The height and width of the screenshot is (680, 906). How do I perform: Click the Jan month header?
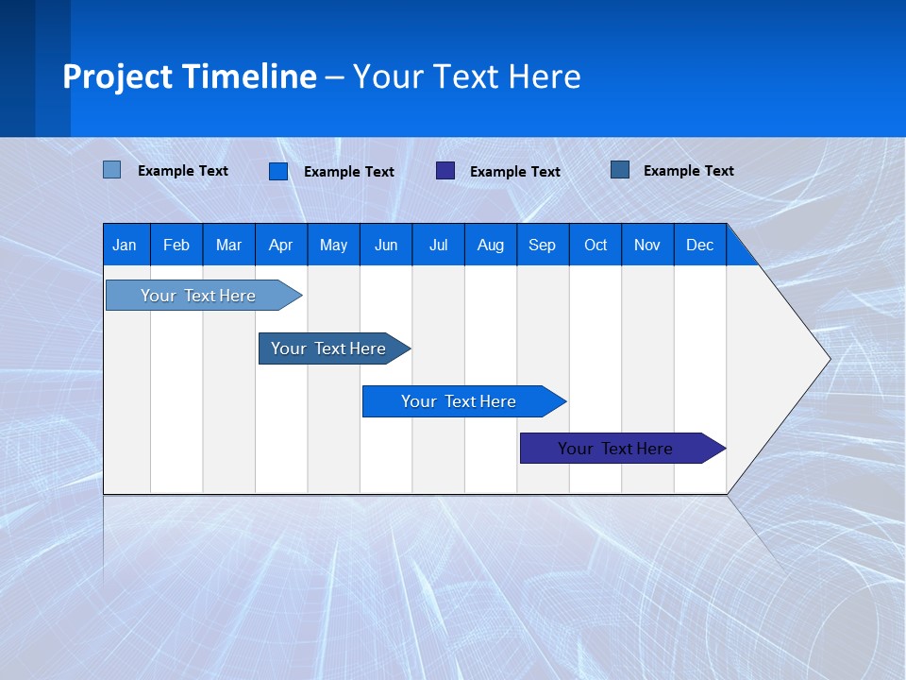click(125, 245)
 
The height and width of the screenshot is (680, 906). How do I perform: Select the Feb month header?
click(176, 245)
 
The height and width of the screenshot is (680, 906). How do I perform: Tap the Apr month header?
click(280, 245)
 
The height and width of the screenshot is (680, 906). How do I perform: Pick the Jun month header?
click(386, 245)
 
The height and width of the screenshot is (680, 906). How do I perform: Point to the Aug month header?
click(491, 245)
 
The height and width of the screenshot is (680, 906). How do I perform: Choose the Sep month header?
click(543, 245)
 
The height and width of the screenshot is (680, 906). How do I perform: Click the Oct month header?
click(596, 245)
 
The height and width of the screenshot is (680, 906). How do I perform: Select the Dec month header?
click(700, 245)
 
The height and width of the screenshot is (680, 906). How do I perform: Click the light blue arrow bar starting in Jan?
click(198, 296)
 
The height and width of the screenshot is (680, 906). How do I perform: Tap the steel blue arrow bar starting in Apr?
click(328, 348)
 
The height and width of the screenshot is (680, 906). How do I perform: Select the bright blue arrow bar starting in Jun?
click(459, 401)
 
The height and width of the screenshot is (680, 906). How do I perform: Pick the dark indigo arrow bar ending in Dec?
click(615, 449)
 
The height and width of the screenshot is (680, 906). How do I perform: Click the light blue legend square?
click(112, 170)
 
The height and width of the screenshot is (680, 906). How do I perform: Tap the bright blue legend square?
click(278, 171)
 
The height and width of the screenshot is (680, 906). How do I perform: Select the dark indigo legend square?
click(445, 170)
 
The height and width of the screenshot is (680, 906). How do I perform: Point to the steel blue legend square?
click(620, 170)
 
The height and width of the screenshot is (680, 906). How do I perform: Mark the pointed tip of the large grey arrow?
click(828, 359)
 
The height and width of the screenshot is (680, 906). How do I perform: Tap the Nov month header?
click(647, 245)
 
